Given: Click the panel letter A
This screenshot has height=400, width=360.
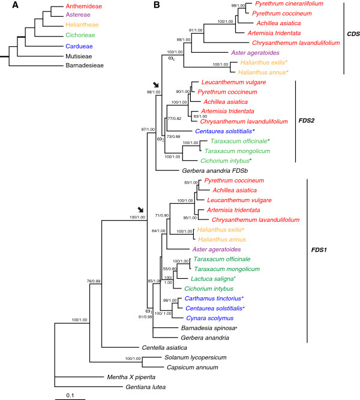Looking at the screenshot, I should point(5,5).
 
